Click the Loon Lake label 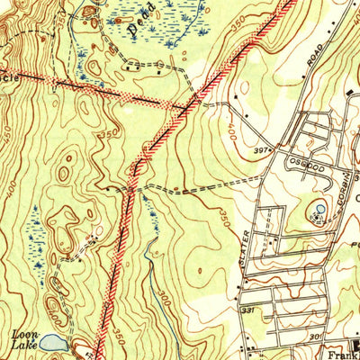tap(24, 337)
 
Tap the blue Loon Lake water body tap(52, 343)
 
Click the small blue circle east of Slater tap(320, 211)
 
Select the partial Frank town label tap(340, 353)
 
